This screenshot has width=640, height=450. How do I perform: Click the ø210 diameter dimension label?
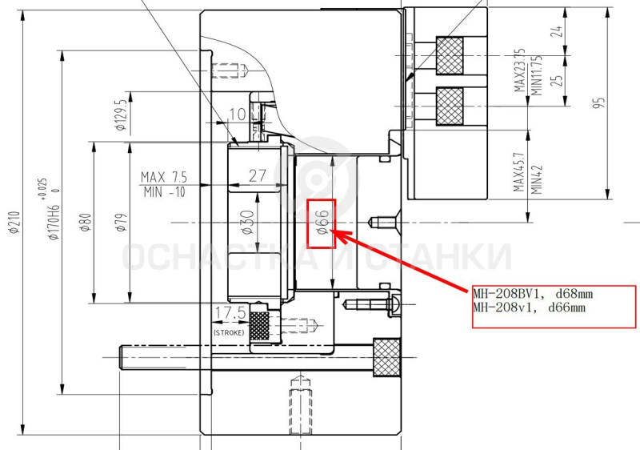point(15,223)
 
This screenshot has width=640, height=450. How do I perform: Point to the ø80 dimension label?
point(86,223)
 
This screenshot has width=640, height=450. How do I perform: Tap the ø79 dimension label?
point(122,223)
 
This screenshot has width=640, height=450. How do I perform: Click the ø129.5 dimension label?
point(122,115)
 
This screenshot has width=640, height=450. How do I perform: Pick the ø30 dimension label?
point(248,223)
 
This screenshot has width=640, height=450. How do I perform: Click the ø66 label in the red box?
point(322,223)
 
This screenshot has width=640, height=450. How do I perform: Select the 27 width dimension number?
point(258,175)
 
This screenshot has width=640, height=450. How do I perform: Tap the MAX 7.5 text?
point(164,177)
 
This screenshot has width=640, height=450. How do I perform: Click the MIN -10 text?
point(165,192)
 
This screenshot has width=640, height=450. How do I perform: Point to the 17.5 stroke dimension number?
point(230,313)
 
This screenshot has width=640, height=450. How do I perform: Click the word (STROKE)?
point(229,333)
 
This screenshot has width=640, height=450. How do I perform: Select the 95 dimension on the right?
point(599,102)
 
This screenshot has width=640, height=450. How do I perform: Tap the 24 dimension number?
point(557,31)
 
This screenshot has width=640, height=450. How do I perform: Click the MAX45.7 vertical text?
point(518,172)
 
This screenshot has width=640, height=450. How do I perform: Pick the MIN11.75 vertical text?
point(537,75)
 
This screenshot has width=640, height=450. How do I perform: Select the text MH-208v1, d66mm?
point(530,307)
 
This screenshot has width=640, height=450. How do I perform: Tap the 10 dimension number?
point(237,115)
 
